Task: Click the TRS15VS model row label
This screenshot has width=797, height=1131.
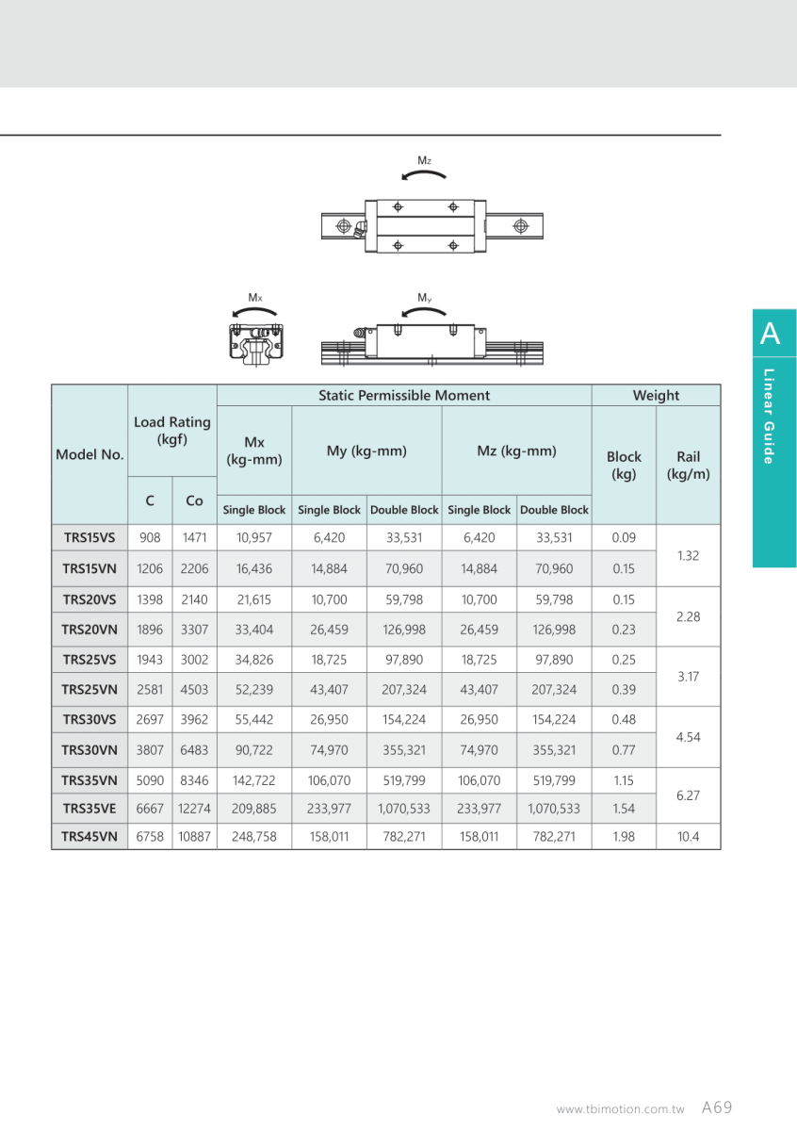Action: tap(89, 538)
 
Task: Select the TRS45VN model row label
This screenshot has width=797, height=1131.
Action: tap(89, 836)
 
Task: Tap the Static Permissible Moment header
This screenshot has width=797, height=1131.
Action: tap(404, 396)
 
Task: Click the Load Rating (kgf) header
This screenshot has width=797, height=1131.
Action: tap(172, 431)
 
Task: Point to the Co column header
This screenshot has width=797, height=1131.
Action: tap(194, 501)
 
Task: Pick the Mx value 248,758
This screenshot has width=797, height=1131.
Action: tap(254, 836)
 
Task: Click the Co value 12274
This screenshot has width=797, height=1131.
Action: tap(194, 808)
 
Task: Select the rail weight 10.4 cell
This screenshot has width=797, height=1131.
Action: tap(688, 836)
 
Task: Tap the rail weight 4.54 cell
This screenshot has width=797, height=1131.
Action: tap(688, 736)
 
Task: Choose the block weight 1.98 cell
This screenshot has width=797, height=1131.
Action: tap(624, 836)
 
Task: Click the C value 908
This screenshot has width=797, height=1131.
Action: tap(150, 538)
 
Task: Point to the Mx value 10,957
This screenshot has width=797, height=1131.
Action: tap(254, 538)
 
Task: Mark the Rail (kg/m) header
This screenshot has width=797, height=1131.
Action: tap(688, 465)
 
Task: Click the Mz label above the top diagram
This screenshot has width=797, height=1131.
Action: tap(425, 161)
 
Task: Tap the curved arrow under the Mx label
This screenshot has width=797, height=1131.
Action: tap(254, 313)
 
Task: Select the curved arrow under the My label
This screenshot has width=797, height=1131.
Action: tap(424, 313)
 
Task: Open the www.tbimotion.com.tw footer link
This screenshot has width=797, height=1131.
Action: tap(620, 1110)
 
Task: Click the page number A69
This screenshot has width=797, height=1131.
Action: tap(717, 1108)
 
